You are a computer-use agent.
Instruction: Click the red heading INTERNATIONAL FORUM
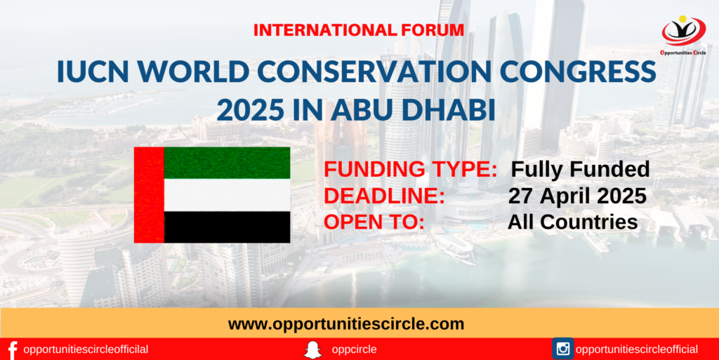pos(359,30)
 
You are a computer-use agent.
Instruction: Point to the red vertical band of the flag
pos(149,194)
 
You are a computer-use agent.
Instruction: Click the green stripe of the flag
pos(227,163)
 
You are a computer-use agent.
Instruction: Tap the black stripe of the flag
pos(227,227)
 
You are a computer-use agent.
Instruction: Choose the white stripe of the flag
pos(227,195)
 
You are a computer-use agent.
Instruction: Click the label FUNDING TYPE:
pos(411,169)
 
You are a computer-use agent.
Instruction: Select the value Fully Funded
pos(581,169)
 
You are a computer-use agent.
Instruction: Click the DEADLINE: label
pos(385,196)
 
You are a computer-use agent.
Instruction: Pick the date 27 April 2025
pos(577,196)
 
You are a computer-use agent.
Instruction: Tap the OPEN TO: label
pos(374,222)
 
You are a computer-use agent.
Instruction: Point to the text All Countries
pos(573,222)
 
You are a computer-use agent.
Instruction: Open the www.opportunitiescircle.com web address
pos(346,324)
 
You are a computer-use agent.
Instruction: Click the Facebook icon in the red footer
pos(13,350)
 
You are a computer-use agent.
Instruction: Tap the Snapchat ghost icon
pos(312,350)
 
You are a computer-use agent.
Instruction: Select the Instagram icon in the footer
pos(562,349)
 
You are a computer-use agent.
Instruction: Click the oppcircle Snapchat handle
pos(354,350)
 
